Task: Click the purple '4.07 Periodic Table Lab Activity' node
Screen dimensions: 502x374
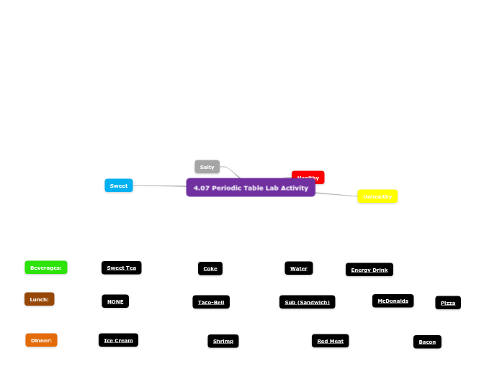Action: point(251,188)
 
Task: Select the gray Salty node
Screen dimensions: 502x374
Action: point(207,167)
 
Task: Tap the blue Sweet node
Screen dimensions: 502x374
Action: point(119,186)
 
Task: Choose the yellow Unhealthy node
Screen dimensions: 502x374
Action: point(377,196)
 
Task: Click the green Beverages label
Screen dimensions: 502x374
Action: point(46,268)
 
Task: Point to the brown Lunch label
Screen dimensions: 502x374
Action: point(39,299)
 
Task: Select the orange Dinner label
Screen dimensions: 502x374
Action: point(41,340)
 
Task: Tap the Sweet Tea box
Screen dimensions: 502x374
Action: point(121,268)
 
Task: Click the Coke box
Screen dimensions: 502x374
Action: point(210,268)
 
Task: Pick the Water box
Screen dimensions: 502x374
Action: point(298,268)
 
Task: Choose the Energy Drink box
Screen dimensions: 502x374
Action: point(369,270)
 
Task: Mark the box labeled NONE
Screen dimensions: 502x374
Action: point(115,301)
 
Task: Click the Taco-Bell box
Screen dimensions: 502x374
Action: point(211,302)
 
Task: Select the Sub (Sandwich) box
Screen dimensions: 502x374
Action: point(307,302)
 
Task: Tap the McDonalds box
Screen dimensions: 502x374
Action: point(393,301)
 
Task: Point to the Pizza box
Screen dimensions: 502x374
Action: point(448,303)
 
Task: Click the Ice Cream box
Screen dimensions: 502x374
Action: point(118,340)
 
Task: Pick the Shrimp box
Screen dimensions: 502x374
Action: point(223,341)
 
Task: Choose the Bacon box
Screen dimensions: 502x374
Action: point(427,342)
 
